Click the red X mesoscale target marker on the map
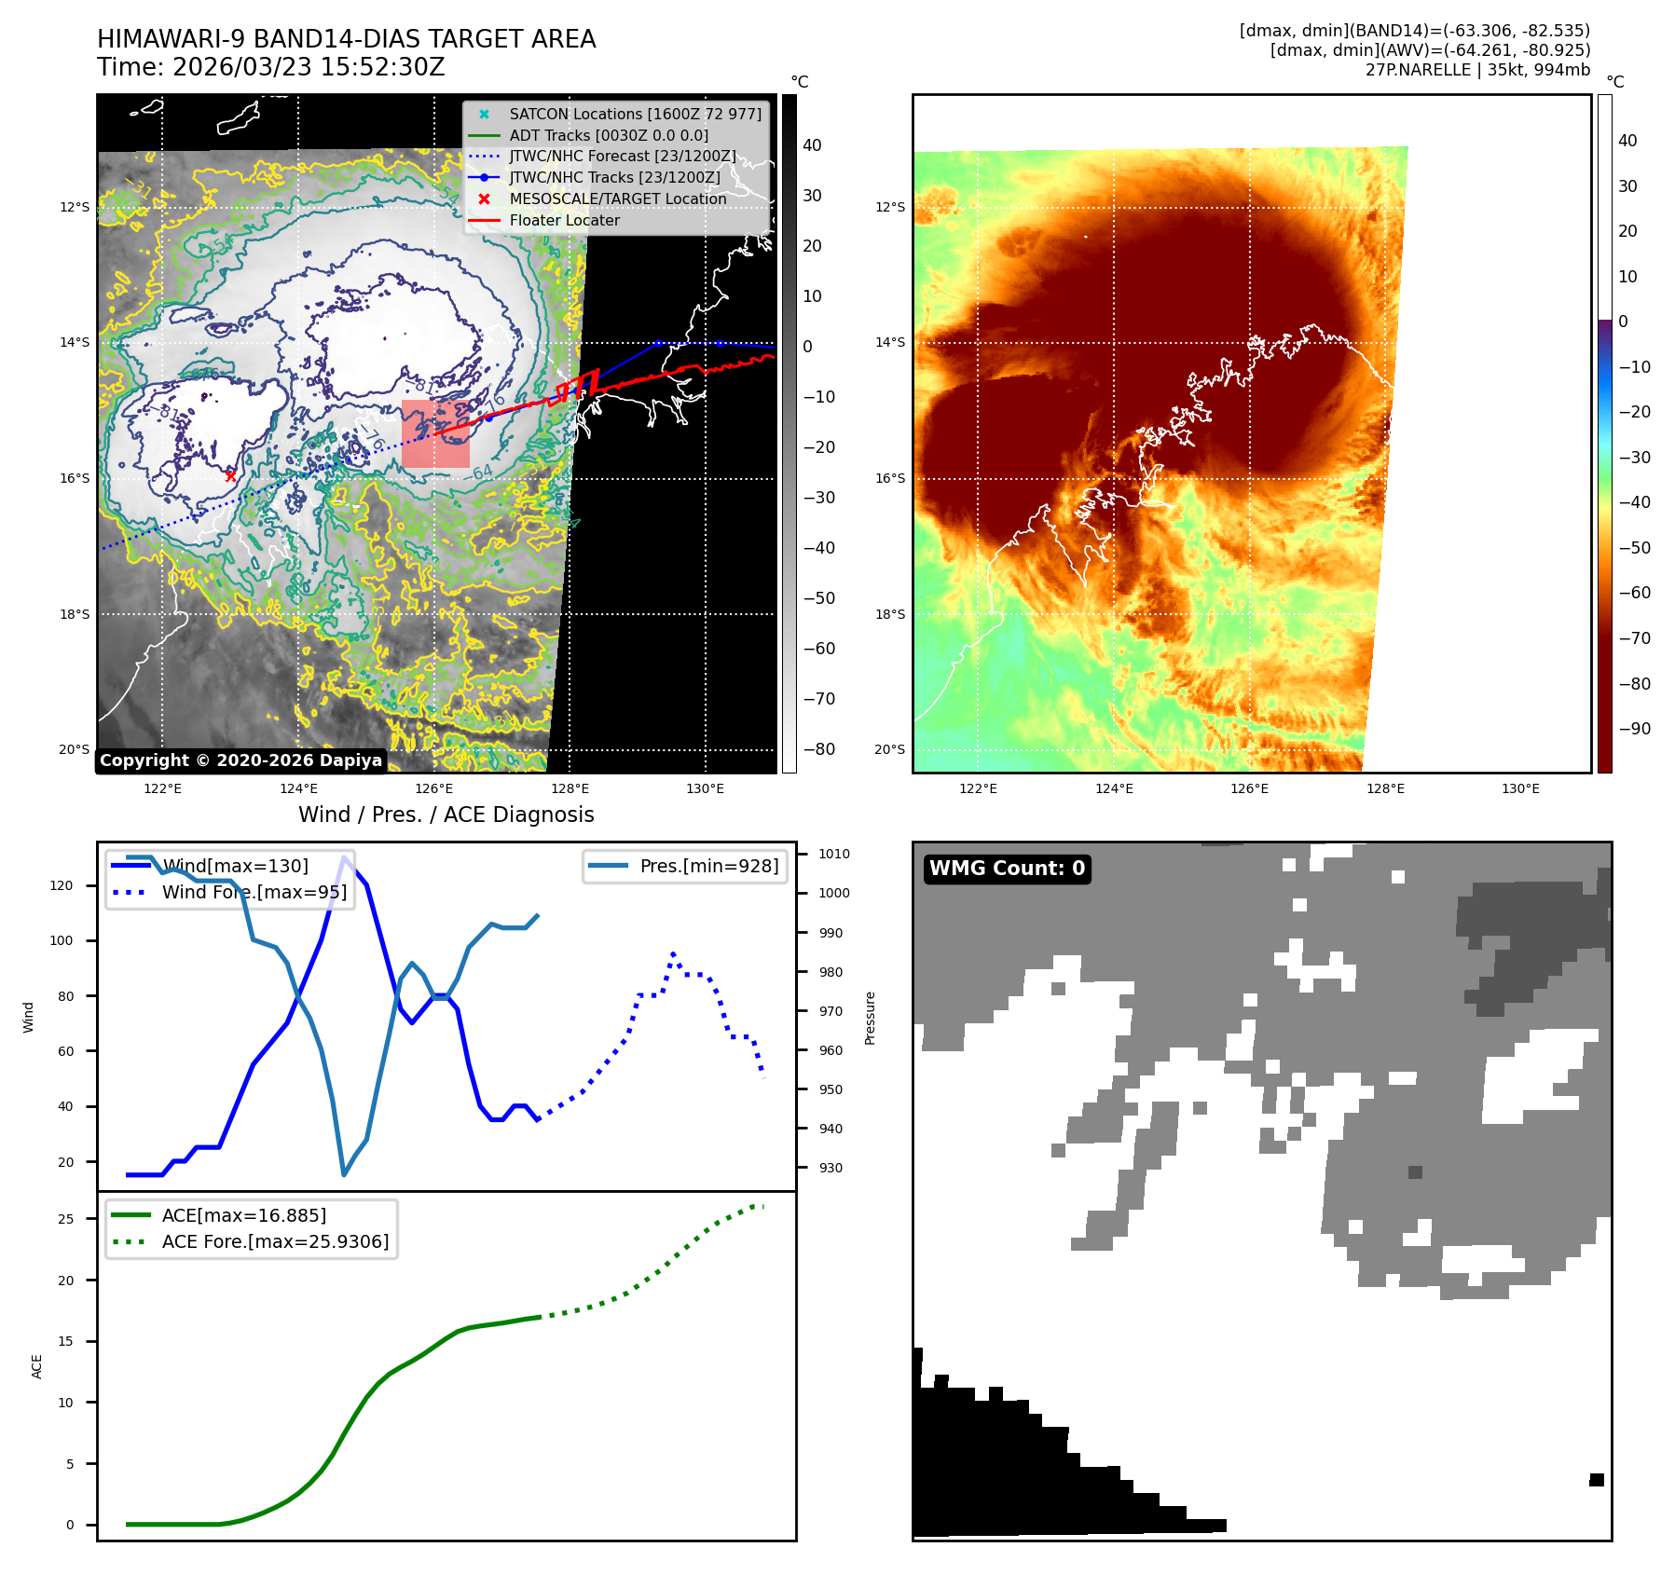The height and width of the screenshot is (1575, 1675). click(x=230, y=476)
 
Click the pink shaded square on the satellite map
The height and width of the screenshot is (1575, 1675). click(x=435, y=434)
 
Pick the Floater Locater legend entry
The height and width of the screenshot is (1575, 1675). click(x=564, y=220)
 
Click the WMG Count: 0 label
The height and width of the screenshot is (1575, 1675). click(x=1007, y=869)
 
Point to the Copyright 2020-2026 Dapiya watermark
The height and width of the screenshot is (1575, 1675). click(x=240, y=760)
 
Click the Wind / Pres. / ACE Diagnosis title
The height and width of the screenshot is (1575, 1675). click(x=446, y=815)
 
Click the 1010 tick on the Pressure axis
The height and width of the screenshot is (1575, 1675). click(x=834, y=854)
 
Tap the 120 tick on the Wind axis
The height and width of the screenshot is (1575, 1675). click(x=62, y=885)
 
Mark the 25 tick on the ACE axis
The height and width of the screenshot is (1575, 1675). click(x=65, y=1219)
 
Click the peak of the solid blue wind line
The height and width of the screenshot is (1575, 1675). click(x=345, y=857)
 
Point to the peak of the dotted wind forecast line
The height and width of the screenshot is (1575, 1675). click(x=673, y=954)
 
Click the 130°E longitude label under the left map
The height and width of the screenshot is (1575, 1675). click(x=705, y=788)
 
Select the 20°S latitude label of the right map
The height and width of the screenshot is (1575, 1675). click(x=889, y=749)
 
